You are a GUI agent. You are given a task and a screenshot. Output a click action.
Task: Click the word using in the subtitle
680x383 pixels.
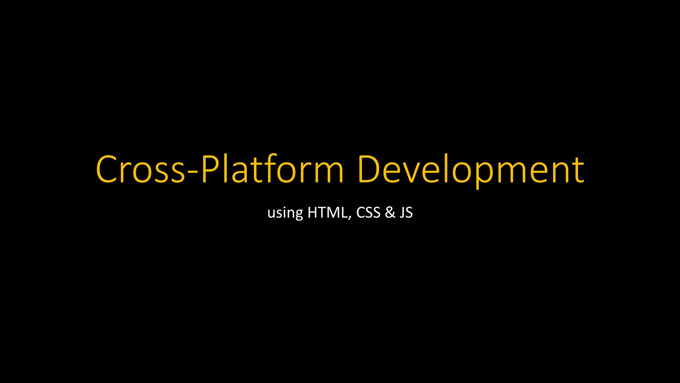[x=285, y=213]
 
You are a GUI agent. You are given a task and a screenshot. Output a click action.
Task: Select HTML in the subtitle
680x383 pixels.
[x=327, y=212]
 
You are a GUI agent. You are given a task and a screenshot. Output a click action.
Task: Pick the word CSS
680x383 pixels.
[x=368, y=212]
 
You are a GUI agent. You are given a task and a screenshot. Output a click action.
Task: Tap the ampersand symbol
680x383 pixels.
[x=390, y=212]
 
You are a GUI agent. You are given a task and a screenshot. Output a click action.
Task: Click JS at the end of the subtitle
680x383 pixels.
[x=406, y=212]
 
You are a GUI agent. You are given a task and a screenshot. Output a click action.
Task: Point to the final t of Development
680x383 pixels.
[x=578, y=170]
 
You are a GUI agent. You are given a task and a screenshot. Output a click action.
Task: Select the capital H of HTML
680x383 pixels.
[x=313, y=212]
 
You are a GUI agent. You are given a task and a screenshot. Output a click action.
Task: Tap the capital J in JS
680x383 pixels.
[x=402, y=212]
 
